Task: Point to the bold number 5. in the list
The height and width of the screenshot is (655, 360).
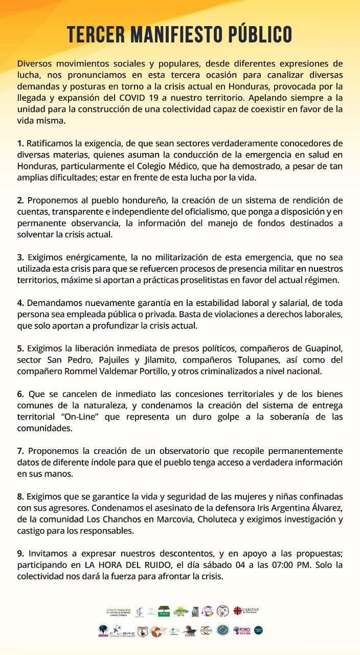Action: point(20,349)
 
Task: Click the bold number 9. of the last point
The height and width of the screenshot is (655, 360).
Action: point(20,554)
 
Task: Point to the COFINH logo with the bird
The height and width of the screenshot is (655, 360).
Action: point(190,630)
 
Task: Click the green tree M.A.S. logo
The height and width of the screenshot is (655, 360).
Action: point(164,610)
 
